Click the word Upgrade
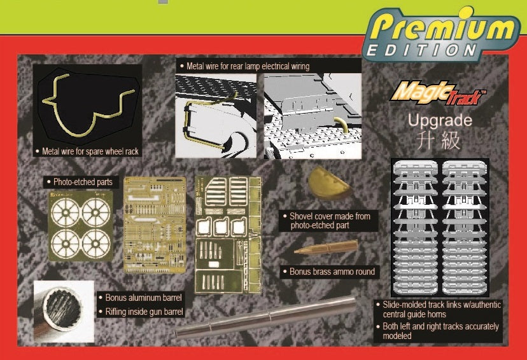440,120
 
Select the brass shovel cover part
330,184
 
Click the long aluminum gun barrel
265,316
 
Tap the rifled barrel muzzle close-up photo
64,311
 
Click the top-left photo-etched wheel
66,212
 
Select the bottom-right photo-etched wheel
95,244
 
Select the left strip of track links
416,228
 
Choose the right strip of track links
464,228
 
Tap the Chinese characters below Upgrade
439,140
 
